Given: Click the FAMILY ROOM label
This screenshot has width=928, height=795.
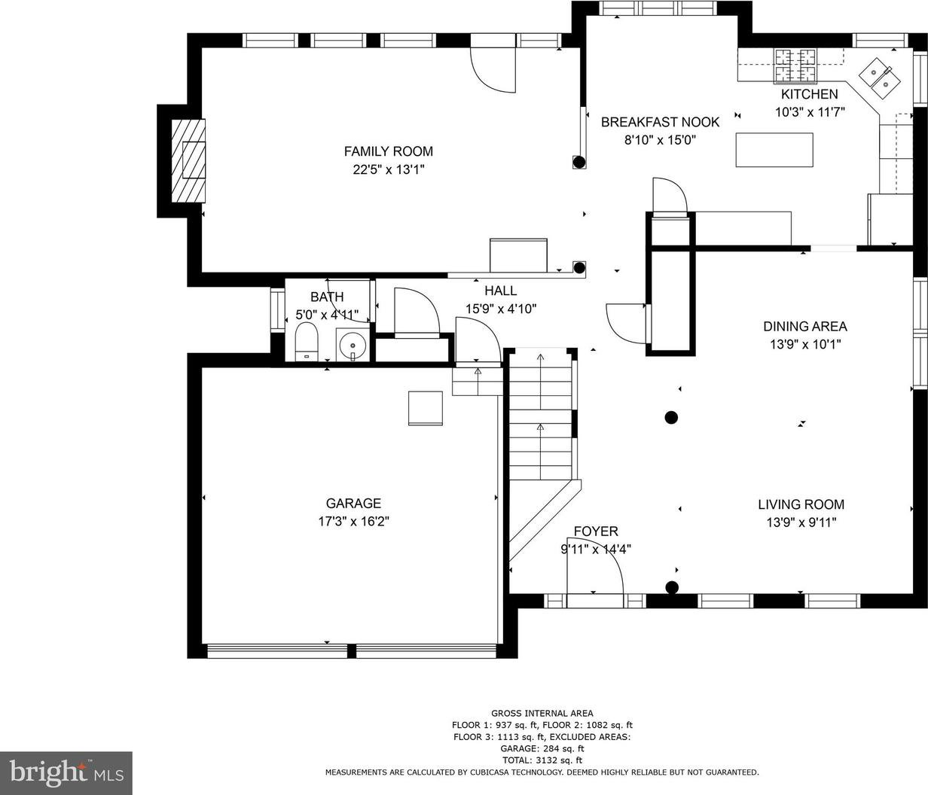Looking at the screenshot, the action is coord(389,151).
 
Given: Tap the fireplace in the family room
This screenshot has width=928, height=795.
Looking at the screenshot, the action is coord(188,160).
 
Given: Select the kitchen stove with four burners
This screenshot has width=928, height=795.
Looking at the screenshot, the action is coord(795,66).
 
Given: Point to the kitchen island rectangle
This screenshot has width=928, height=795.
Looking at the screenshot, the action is coord(774,150).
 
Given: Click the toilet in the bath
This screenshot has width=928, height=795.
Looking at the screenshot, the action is coord(307,342).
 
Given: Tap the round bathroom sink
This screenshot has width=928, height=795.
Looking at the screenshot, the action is coord(353,345).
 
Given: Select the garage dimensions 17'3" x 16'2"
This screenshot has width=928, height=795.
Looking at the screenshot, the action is coord(353,521).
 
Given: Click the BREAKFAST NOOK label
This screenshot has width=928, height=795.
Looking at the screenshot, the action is coord(660,122).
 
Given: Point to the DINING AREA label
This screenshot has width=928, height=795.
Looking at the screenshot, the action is coord(805,326).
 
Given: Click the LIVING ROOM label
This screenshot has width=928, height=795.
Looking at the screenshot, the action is coord(801,504).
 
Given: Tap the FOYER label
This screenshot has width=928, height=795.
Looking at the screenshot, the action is coord(596,532).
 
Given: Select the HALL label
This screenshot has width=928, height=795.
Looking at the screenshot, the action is coord(501,291).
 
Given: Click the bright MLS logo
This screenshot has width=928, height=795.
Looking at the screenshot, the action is coord(66,772).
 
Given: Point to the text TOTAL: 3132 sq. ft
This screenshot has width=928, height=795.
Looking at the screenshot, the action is coord(542,760).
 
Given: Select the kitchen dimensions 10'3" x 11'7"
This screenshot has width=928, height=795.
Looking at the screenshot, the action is coord(810,111).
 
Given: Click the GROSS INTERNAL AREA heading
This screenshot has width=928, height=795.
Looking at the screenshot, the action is coord(542,714).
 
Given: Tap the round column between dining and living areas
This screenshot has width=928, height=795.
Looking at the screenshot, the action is coord(670,418).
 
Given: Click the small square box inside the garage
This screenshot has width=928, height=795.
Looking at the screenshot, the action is coord(425,408).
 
